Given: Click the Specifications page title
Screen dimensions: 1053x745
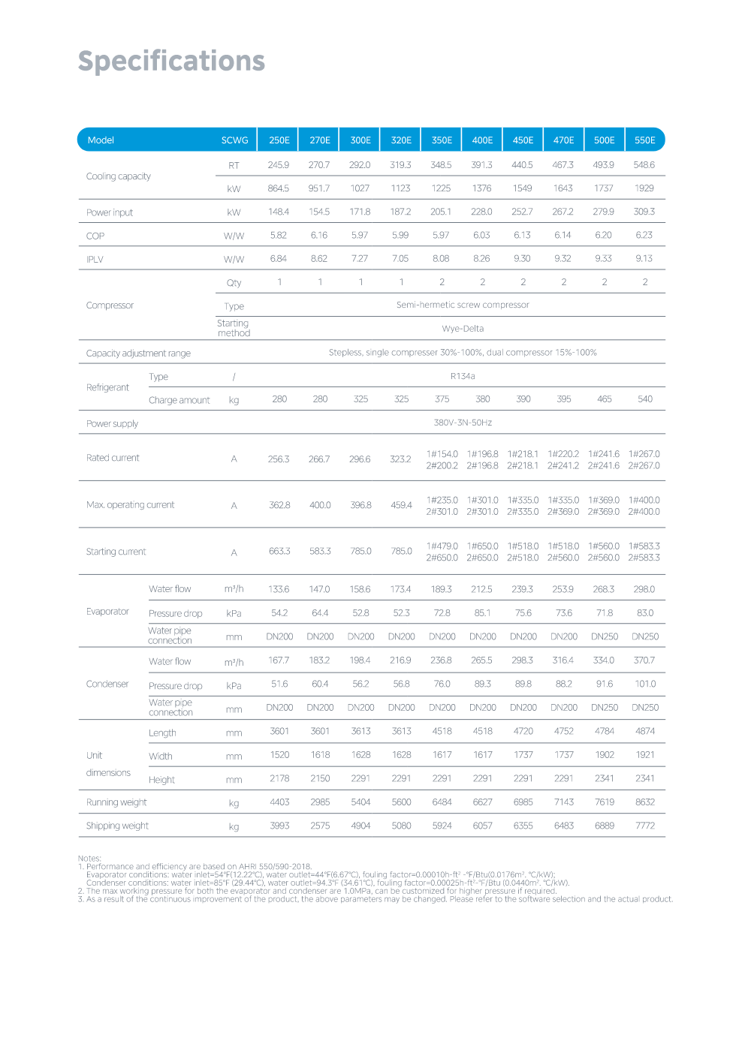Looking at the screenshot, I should (171, 61).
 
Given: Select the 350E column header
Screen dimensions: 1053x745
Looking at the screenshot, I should (442, 140).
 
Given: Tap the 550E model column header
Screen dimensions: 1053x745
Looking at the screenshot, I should (644, 140).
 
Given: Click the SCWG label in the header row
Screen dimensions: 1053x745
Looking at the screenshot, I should (234, 140).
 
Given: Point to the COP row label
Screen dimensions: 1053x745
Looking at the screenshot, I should (95, 236).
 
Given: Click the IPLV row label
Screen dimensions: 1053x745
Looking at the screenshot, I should (95, 260).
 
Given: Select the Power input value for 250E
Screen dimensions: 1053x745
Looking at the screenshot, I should (279, 212).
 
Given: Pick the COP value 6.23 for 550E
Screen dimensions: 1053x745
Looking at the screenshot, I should (644, 235).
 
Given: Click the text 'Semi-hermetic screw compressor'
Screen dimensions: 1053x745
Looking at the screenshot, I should (463, 305).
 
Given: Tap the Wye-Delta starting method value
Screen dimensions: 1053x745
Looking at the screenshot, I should (463, 329).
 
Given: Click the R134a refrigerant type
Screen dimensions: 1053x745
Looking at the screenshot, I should (463, 376).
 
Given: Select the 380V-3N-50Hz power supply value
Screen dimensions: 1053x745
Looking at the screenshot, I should (463, 423).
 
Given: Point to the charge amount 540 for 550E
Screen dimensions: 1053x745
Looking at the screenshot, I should (644, 399).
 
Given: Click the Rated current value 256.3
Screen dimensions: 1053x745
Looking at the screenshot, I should (279, 459).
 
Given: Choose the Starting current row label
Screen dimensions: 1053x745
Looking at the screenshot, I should (116, 552).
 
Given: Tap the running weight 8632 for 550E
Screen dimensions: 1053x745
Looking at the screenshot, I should (644, 802).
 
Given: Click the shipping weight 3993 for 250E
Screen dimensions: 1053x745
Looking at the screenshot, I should (279, 826).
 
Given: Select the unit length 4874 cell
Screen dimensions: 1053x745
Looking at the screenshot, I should (644, 731).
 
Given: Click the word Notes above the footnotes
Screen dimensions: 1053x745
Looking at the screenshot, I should (89, 858).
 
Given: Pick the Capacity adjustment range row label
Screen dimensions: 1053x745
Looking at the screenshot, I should (138, 354).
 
